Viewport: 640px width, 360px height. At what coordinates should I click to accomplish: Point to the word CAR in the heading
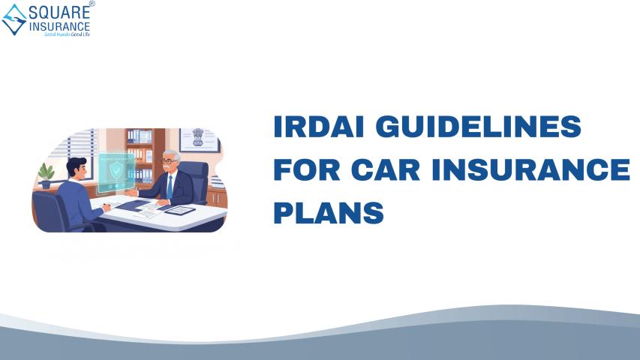(x=386, y=169)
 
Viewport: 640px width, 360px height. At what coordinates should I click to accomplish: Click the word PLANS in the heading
(x=329, y=212)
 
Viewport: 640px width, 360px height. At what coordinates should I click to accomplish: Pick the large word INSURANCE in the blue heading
(x=531, y=169)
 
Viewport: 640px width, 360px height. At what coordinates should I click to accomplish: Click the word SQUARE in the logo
(x=59, y=12)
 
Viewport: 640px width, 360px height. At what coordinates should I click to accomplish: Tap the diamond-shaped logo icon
(x=15, y=19)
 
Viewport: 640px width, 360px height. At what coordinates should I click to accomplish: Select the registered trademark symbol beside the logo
(x=92, y=4)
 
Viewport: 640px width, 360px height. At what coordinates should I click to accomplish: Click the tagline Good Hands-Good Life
(x=67, y=34)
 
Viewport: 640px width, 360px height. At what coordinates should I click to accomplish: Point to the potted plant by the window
(x=46, y=175)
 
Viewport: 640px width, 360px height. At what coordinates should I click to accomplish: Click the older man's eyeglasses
(x=169, y=162)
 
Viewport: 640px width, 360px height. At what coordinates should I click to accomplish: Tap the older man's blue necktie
(x=170, y=187)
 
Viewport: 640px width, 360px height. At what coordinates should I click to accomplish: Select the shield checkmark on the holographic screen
(x=117, y=169)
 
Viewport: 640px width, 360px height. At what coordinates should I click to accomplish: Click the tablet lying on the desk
(x=179, y=210)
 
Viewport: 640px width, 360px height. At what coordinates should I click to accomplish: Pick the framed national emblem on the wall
(x=199, y=139)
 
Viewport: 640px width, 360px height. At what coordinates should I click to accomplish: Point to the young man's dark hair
(x=76, y=165)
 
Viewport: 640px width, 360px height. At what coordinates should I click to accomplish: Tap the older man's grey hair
(x=172, y=154)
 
